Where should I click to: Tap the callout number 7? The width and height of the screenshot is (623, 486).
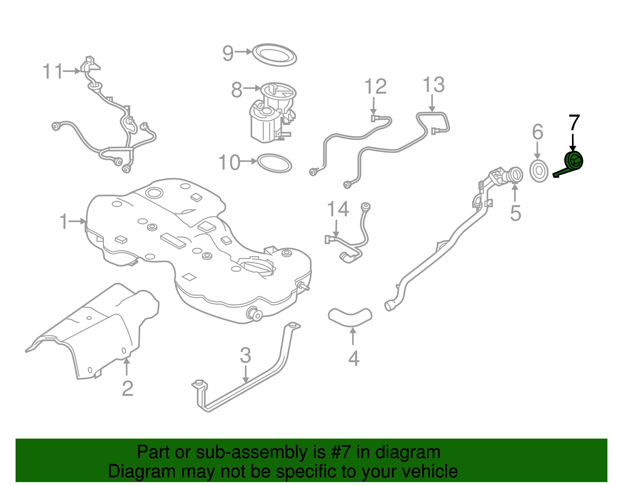[x=574, y=123]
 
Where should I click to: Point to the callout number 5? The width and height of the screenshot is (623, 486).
[x=516, y=214]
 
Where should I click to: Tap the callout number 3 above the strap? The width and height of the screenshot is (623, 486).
[x=245, y=356]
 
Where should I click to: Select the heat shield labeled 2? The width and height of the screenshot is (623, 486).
[x=97, y=331]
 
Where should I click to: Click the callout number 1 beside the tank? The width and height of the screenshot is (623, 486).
[x=63, y=222]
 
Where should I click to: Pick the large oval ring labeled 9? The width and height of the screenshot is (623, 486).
[x=274, y=55]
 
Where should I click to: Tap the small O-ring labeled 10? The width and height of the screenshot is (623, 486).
[x=274, y=163]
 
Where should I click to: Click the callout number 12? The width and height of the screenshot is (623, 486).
[x=375, y=87]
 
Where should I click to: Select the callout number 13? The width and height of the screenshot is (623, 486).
[x=433, y=85]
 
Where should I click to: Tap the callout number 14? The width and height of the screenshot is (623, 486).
[x=338, y=210]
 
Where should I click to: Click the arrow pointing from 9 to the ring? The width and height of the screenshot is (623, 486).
[x=244, y=51]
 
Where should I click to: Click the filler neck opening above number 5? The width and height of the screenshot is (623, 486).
[x=515, y=173]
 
